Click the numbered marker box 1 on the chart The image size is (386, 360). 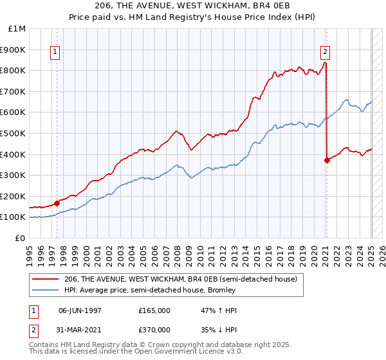pyautogui.click(x=55, y=53)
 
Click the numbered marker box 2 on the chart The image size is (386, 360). pyautogui.click(x=326, y=53)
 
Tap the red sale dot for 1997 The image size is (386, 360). pyautogui.click(x=57, y=203)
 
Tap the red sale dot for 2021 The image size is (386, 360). pyautogui.click(x=327, y=160)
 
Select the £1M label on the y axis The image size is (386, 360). pyautogui.click(x=17, y=28)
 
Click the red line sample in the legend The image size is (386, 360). pyautogui.click(x=45, y=280)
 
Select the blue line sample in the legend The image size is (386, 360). pyautogui.click(x=45, y=290)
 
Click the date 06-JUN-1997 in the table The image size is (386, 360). pyautogui.click(x=80, y=310)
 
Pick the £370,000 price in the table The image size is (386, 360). pyautogui.click(x=154, y=330)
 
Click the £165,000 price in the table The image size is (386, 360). pyautogui.click(x=154, y=310)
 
